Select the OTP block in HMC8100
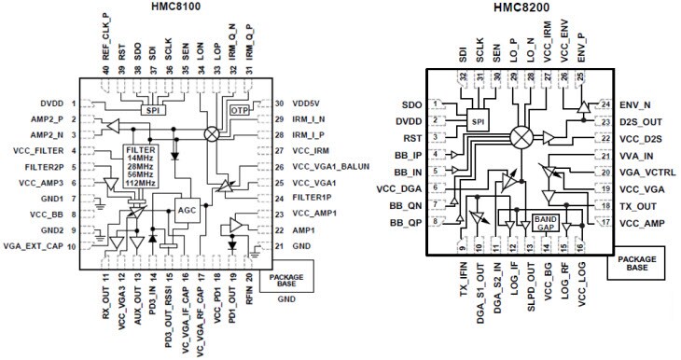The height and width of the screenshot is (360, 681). point(240,109)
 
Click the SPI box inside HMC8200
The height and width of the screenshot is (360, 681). point(476,122)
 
